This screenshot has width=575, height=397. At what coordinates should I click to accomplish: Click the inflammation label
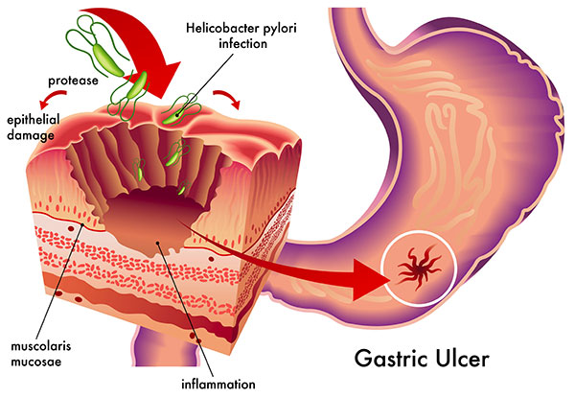coord(207,384)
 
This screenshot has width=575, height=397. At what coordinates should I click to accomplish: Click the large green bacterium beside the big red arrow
coord(138,81)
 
